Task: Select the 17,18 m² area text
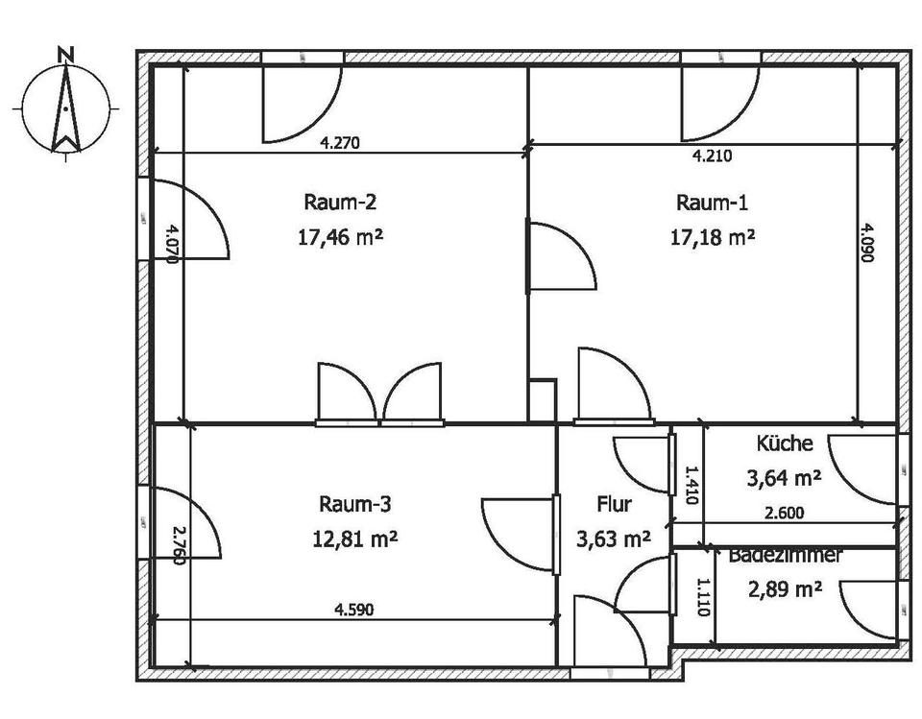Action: [712, 235]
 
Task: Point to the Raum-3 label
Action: [354, 504]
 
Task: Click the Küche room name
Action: [785, 443]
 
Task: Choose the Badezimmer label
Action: [785, 555]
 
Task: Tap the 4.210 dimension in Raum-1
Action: [712, 155]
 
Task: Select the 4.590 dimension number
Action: [353, 609]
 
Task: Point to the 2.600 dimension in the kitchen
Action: [785, 513]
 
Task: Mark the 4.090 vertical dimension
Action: [867, 244]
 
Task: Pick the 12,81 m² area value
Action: [354, 538]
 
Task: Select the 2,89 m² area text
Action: [785, 588]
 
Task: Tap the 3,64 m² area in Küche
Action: [784, 477]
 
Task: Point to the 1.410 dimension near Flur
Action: [690, 486]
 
